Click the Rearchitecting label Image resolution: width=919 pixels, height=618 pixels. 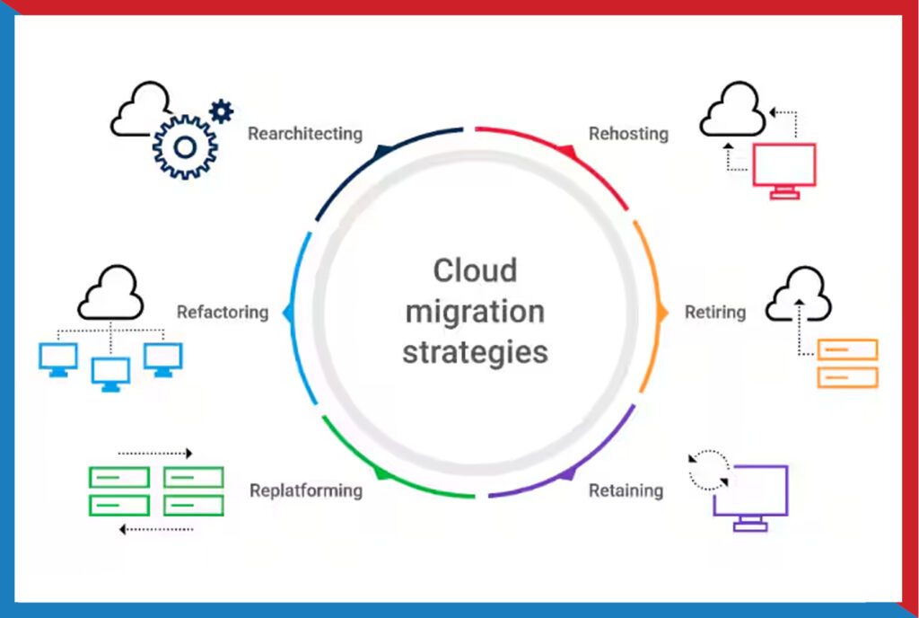[305, 134]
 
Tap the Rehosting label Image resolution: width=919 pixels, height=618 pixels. [628, 134]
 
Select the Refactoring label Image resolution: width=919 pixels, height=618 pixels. [223, 313]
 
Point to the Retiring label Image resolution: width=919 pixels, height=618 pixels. [715, 313]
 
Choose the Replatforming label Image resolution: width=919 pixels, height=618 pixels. [306, 490]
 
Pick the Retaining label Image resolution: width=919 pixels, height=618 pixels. [626, 490]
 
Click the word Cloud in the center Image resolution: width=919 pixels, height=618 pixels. [476, 271]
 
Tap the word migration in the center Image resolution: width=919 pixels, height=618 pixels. [476, 312]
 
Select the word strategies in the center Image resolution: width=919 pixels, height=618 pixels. [476, 352]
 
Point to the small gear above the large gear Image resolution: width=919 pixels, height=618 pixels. [221, 110]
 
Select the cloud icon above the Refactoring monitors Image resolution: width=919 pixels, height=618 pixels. [110, 292]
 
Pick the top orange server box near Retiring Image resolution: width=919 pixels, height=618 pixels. [847, 349]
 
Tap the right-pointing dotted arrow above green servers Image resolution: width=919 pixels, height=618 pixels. [155, 454]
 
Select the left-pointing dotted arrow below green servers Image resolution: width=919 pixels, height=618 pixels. [156, 529]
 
